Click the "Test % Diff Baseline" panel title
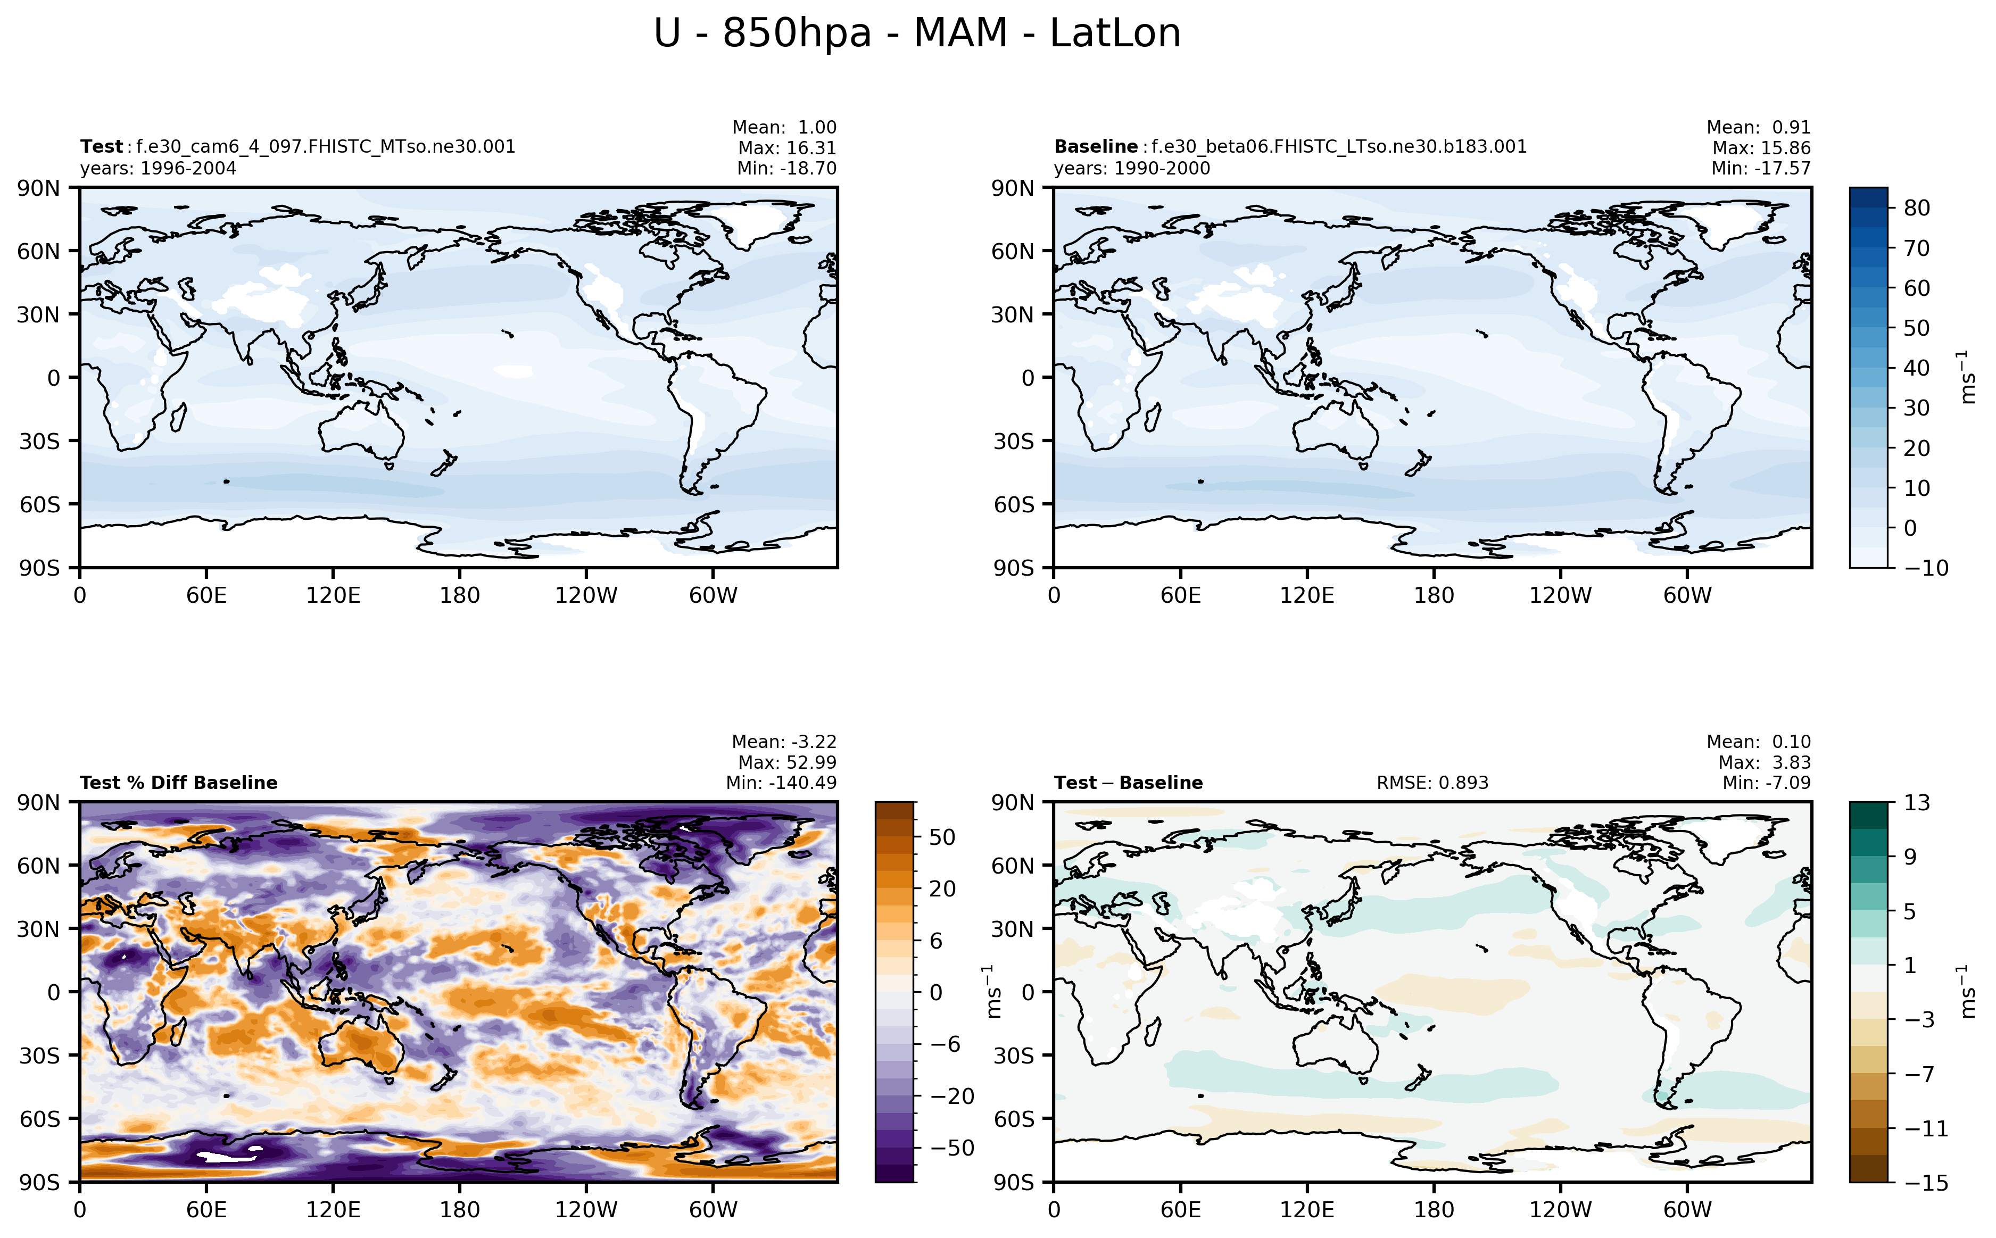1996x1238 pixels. (178, 783)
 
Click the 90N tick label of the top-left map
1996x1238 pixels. (38, 188)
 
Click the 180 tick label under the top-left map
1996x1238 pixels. (459, 595)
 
